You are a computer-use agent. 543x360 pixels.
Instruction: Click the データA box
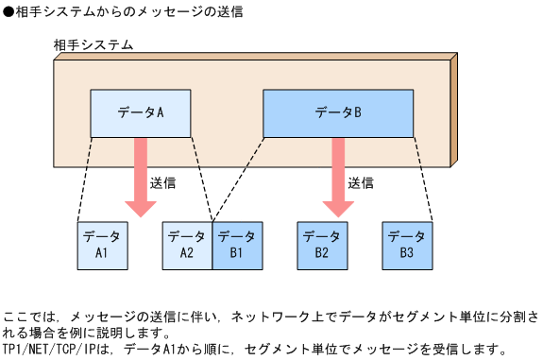point(141,113)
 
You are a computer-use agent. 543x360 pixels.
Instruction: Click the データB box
point(338,113)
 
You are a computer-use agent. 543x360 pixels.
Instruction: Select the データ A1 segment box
point(101,245)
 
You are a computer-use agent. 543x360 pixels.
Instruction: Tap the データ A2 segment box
point(186,245)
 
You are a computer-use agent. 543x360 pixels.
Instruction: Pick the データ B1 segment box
point(236,245)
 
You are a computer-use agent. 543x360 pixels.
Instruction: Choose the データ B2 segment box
point(322,245)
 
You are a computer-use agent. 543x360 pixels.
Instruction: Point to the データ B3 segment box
point(407,245)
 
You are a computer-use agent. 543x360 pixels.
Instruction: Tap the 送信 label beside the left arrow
point(162,182)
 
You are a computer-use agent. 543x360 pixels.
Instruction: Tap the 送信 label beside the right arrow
point(360,182)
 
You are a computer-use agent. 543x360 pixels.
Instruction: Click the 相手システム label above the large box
point(93,44)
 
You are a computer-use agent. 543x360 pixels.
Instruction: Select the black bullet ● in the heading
point(8,12)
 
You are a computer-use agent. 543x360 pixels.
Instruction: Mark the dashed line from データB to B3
point(422,180)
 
